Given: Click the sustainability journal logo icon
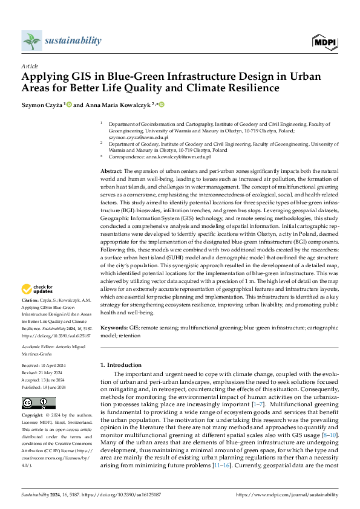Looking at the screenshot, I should (31, 41).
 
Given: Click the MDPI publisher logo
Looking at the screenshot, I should (324, 41).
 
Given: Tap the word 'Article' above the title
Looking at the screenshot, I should (29, 66).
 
